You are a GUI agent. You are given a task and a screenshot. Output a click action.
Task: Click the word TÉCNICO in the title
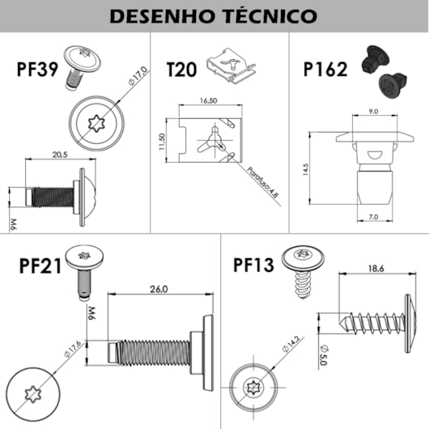coord(271,15)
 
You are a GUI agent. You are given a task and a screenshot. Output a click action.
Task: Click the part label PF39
coord(37,70)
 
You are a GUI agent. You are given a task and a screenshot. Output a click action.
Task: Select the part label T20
coord(181,70)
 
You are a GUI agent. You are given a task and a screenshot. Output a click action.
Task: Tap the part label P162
coord(325,70)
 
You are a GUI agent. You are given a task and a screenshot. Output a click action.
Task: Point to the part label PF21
coord(40,266)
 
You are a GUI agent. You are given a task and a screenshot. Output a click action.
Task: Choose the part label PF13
coord(253,265)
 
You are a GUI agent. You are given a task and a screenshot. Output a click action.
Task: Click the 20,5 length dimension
coord(60,155)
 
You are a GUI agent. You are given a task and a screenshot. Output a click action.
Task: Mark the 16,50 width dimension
coord(209,100)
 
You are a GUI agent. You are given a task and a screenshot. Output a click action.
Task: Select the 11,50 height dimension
coord(162,141)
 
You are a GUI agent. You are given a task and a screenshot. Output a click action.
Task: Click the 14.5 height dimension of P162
coord(306,169)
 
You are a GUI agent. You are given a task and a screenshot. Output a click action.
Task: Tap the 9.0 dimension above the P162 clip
coord(373,112)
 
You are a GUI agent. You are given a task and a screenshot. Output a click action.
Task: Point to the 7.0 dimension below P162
coord(373,217)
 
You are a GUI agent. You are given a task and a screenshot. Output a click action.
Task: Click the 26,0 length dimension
coord(159,289)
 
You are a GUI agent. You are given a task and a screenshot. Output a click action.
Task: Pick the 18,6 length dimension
coord(376,269)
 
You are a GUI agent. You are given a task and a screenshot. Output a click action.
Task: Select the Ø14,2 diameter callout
coord(291,343)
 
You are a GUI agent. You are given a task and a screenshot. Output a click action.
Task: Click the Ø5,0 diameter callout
coord(324,355)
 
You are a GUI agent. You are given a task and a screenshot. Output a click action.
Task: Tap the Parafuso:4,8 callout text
coord(262,182)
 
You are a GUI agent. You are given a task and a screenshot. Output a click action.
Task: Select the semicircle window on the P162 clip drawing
coord(374,155)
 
